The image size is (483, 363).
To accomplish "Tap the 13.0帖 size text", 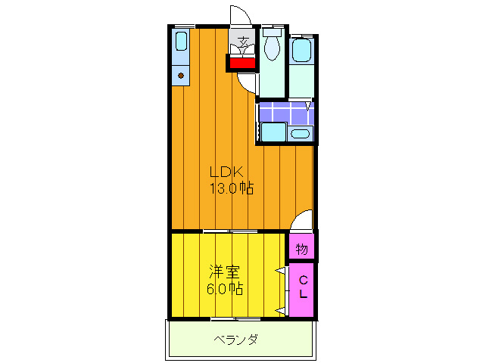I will click(231, 188).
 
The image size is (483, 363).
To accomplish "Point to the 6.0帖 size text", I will click(225, 289).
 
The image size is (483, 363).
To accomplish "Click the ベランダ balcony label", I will click(235, 340).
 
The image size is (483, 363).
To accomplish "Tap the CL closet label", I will click(303, 287).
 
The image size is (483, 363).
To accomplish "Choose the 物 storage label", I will click(302, 248).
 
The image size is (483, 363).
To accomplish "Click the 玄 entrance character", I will click(244, 42).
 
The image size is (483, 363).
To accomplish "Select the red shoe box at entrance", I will click(242, 63).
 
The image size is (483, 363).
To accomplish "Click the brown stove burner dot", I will click(180, 75).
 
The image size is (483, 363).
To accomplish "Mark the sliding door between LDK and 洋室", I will click(230, 231).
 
